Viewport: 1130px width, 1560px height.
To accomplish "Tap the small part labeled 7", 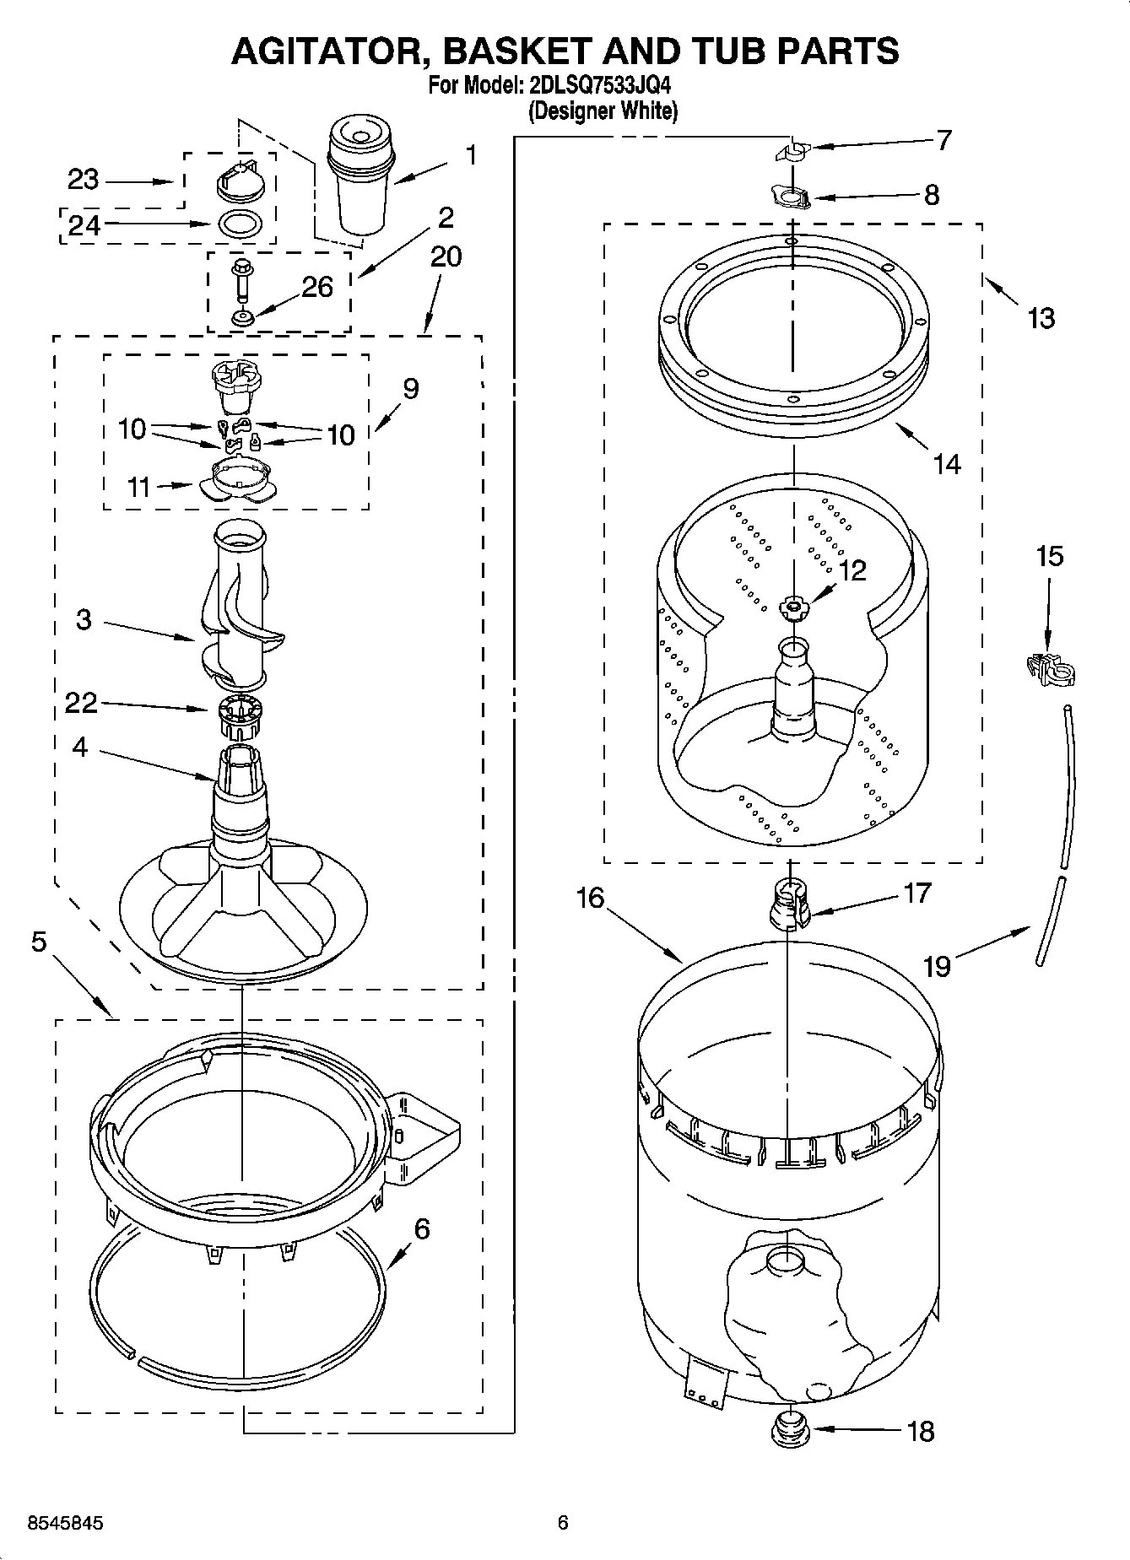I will (792, 151).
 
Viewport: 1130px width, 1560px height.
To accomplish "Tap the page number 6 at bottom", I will (563, 1523).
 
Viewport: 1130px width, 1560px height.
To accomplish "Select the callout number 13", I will (1041, 318).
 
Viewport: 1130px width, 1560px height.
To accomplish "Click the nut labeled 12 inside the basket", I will (794, 606).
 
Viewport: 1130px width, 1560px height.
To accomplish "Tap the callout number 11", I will (138, 487).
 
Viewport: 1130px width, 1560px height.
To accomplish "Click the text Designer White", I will (603, 111).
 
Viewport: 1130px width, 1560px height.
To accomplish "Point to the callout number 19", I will (937, 965).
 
